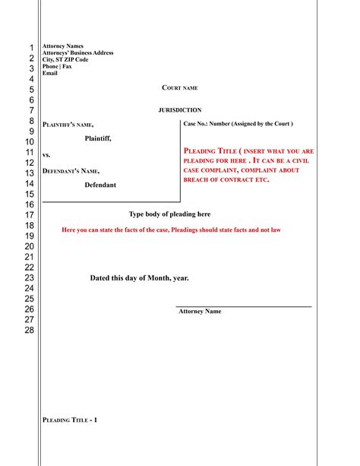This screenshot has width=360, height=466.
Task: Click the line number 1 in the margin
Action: [31, 48]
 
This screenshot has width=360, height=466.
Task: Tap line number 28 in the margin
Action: [29, 330]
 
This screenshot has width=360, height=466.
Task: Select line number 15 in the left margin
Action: [29, 195]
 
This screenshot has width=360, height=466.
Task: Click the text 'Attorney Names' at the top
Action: [63, 46]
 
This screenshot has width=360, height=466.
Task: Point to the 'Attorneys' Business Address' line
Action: [78, 53]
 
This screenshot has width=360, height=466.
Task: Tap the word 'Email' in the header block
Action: [50, 73]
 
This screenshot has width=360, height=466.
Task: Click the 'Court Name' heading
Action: [180, 89]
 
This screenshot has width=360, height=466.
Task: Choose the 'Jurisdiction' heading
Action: [180, 110]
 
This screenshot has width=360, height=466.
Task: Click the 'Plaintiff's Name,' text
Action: [68, 125]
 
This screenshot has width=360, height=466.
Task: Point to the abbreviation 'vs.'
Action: [46, 154]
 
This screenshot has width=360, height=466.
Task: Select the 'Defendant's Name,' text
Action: [71, 170]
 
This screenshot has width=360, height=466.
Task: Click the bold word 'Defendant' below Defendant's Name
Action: [100, 185]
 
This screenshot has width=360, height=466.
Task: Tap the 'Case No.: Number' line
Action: [238, 123]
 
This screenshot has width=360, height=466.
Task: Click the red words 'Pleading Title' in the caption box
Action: [207, 151]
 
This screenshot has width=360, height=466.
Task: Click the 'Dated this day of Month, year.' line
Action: [139, 278]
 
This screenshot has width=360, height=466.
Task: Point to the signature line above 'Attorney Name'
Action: [243, 306]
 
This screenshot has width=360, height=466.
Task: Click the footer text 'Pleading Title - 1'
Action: [70, 420]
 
